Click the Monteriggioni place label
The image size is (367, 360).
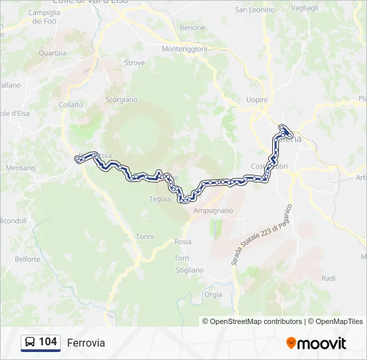tap(185, 49)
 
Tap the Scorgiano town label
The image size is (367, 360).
tap(121, 99)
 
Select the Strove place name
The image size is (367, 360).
tap(134, 63)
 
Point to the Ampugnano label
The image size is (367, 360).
tap(213, 211)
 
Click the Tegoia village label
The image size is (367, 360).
tap(159, 199)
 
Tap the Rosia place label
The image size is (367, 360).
tap(182, 242)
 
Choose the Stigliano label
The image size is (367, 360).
tap(190, 271)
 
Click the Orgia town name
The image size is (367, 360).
tap(213, 294)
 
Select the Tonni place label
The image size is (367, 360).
tap(145, 237)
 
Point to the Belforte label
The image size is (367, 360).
tap(27, 259)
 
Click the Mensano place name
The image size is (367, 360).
tap(21, 168)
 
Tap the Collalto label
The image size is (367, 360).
tap(71, 105)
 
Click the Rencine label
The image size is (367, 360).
tap(192, 28)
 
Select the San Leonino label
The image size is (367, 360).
tap(255, 10)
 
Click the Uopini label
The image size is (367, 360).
tap(256, 99)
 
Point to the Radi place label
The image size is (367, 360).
tap(328, 279)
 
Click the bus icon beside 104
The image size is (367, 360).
tap(30, 343)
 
